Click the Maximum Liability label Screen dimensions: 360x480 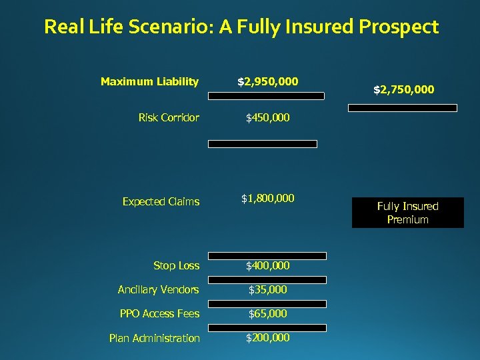point(149,82)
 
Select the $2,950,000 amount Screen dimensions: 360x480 point(268,82)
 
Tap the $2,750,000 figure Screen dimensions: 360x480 point(403,89)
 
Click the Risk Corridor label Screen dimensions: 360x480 point(169,118)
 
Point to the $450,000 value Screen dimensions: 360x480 point(268,118)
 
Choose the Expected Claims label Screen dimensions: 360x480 point(161,201)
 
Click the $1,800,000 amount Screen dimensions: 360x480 point(268,198)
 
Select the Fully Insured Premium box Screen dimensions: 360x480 point(407,213)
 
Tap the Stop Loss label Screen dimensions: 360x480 point(176,266)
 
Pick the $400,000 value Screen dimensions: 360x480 point(268,266)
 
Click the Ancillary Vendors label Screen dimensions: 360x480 point(158,289)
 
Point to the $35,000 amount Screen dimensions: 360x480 point(268,289)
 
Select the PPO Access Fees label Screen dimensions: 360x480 point(159,313)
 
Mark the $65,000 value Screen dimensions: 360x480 point(268,313)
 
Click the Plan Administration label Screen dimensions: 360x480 point(154,338)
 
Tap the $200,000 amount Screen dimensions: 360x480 point(268,337)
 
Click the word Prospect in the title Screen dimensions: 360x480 point(399,27)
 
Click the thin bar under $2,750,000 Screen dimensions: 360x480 point(403,108)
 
